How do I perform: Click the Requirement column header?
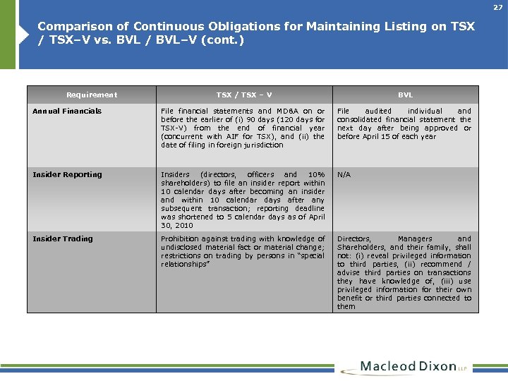(92, 95)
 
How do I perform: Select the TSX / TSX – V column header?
(244, 95)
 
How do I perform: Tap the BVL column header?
(405, 95)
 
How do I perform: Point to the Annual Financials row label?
(67, 111)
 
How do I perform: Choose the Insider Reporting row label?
(67, 174)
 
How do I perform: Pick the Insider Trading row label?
(63, 238)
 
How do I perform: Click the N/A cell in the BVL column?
(344, 174)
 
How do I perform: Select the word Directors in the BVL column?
(353, 238)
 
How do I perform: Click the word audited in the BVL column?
(377, 111)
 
